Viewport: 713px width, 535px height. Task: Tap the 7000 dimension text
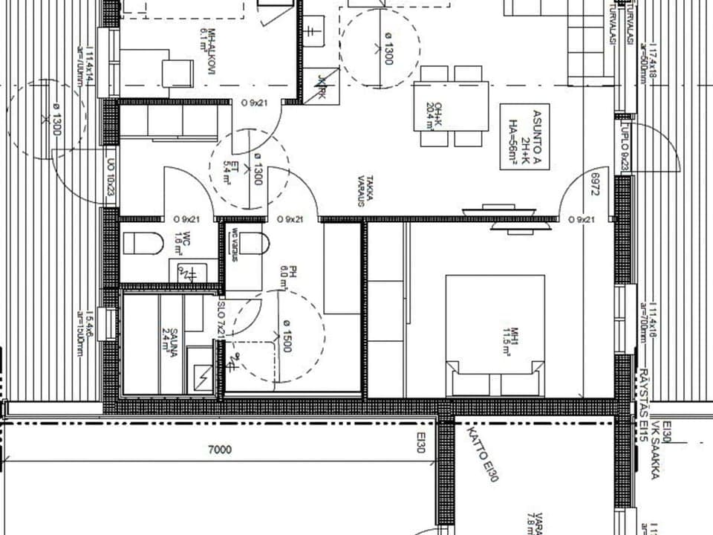point(220,450)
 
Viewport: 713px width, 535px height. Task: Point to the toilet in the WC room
point(143,243)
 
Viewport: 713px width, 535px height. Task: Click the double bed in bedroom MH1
point(495,334)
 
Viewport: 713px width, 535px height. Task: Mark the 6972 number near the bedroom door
point(594,187)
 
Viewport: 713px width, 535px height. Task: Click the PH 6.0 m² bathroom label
point(286,277)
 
